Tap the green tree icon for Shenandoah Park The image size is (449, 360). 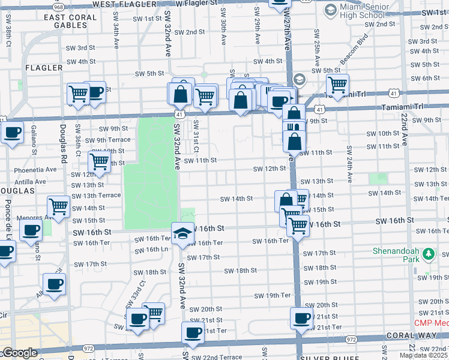(x=428, y=255)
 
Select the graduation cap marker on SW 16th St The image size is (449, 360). (x=182, y=233)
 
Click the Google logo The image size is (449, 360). (x=19, y=353)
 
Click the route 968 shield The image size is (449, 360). (x=58, y=6)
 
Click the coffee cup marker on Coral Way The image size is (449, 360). (x=193, y=333)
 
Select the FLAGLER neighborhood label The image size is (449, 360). (x=44, y=68)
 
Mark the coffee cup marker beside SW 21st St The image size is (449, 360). (x=301, y=318)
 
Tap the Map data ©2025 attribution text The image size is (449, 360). (x=424, y=355)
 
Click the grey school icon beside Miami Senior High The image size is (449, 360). (x=331, y=10)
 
